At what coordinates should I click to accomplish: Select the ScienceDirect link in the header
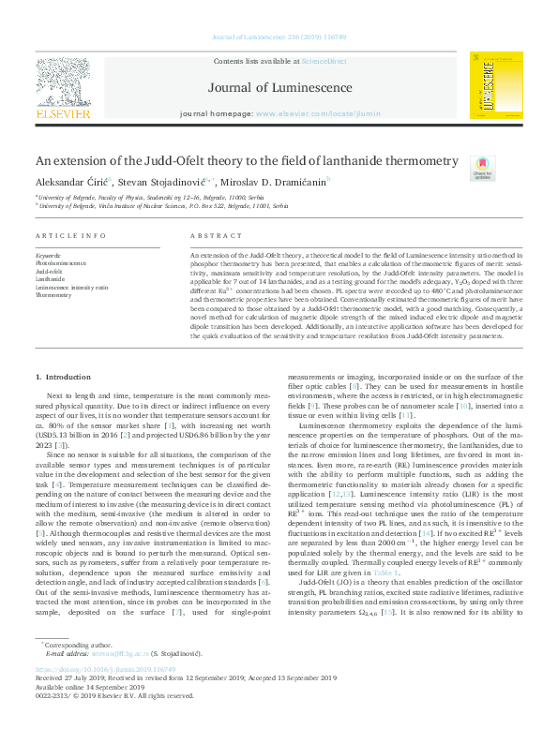pos(317,62)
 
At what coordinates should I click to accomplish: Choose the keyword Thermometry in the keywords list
pos(53,294)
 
